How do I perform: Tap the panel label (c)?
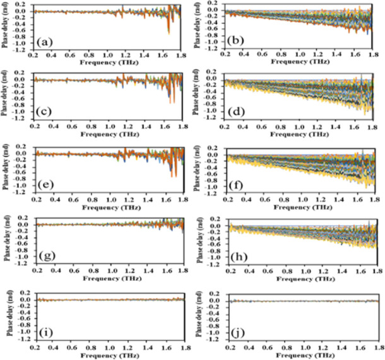coord(45,113)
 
